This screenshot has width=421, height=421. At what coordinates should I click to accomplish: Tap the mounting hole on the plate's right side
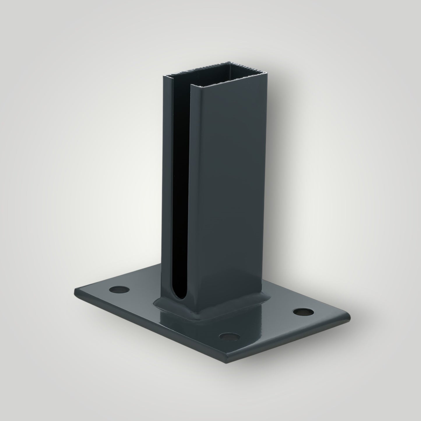pos(303,312)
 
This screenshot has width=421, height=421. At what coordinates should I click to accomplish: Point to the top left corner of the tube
pos(164,76)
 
